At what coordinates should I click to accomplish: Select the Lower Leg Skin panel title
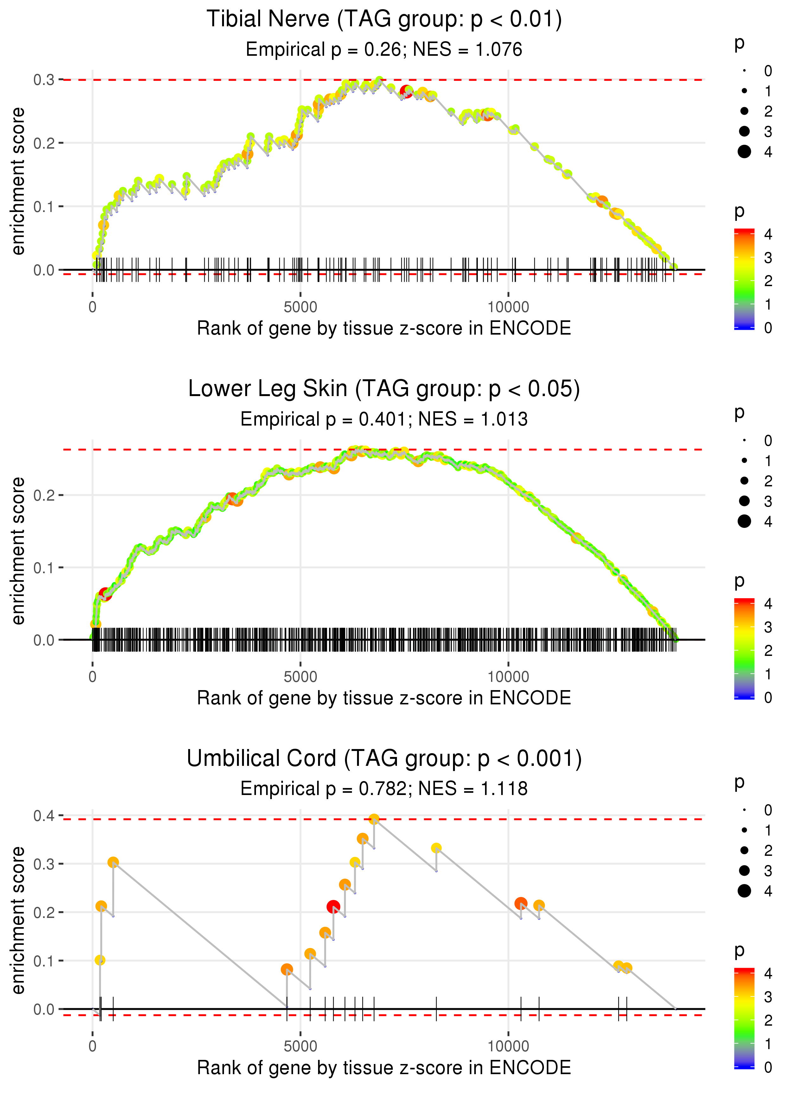coord(384,389)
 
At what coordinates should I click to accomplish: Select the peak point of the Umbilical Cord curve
coord(374,819)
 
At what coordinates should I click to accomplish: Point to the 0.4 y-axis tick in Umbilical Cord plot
coord(44,815)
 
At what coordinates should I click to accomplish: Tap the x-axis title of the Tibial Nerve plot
coord(384,329)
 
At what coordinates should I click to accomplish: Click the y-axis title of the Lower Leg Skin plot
coord(18,551)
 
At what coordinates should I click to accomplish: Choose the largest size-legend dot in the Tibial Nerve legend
coord(744,152)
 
